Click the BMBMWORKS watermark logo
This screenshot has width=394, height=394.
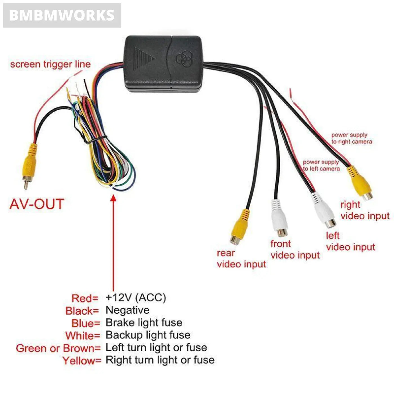(x=62, y=15)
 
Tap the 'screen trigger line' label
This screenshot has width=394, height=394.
(x=50, y=64)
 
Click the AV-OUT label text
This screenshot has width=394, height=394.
(x=37, y=204)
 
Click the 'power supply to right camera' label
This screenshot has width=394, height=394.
(x=351, y=138)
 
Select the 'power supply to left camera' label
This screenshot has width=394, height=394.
(x=321, y=165)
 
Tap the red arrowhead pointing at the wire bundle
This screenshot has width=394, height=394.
(x=113, y=198)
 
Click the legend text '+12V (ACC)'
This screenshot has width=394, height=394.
(x=136, y=297)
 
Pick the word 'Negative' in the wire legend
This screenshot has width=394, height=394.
(x=127, y=310)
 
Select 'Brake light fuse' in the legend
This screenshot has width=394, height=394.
(x=144, y=323)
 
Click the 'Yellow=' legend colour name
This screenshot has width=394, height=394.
(x=82, y=361)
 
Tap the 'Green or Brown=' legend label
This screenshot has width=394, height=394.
(x=58, y=348)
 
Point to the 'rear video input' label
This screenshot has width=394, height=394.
(x=241, y=259)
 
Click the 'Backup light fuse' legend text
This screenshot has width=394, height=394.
(x=148, y=335)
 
